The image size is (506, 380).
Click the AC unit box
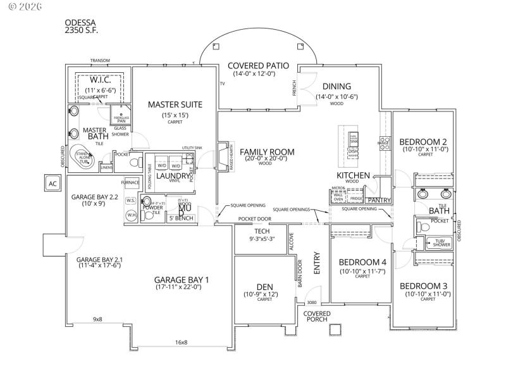coord(52,184)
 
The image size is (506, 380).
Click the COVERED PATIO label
coord(258,65)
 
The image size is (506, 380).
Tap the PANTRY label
coord(379,200)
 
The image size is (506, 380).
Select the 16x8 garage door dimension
coord(181,342)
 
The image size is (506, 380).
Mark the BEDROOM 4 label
coord(362,262)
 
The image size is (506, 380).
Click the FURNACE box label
coord(130,182)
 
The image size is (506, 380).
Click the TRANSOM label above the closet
coord(100,61)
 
